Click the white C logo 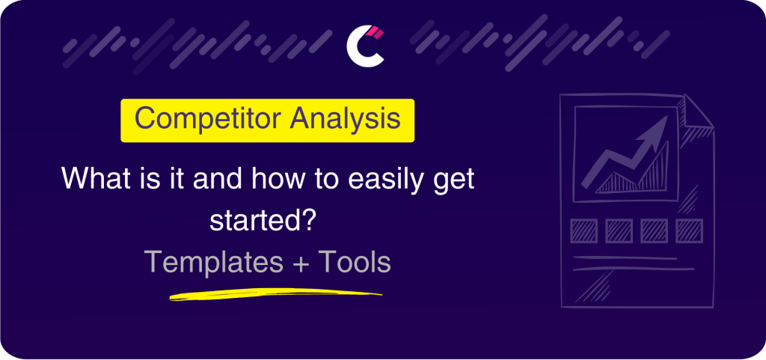(x=363, y=46)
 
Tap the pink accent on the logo (x=376, y=33)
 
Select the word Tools (x=355, y=263)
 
